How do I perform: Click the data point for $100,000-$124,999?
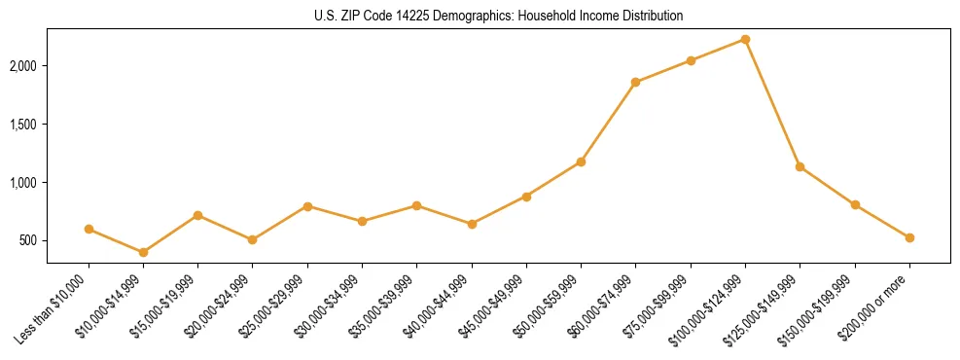coord(745,39)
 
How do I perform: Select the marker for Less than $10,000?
coord(89,229)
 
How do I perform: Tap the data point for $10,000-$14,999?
coord(143,252)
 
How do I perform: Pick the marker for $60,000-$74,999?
coord(636,82)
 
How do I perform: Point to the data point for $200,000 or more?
coord(909,237)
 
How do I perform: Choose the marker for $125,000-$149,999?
coord(800,166)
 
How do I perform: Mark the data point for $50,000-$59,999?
coord(581,162)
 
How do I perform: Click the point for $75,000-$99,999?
coord(691,60)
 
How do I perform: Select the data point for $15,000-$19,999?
coord(197,215)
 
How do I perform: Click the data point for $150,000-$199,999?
coord(855,204)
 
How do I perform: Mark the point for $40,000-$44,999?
coord(472,224)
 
